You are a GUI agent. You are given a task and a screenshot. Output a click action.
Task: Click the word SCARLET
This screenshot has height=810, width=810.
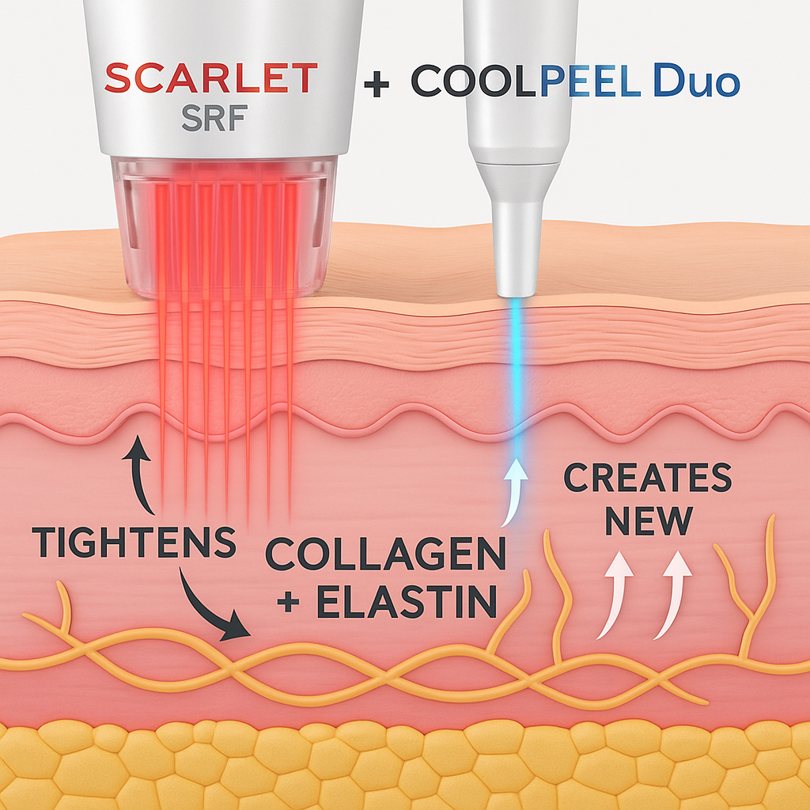pyautogui.click(x=211, y=79)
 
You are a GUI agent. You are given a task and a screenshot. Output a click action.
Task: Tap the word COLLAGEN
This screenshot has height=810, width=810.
pyautogui.click(x=385, y=555)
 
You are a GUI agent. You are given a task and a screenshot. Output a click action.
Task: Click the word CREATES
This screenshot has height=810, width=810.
pyautogui.click(x=647, y=479)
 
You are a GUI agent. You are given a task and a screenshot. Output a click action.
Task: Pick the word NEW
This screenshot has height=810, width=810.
pyautogui.click(x=648, y=522)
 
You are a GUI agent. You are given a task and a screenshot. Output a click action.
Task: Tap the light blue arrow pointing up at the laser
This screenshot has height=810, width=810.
pyautogui.click(x=515, y=490)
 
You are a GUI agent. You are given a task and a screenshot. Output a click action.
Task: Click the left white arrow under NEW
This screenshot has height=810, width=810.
pyautogui.click(x=615, y=593)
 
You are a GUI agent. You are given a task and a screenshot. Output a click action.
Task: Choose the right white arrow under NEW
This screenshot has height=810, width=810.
pyautogui.click(x=672, y=593)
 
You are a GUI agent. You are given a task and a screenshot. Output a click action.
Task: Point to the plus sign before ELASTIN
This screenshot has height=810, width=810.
pyautogui.click(x=290, y=603)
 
